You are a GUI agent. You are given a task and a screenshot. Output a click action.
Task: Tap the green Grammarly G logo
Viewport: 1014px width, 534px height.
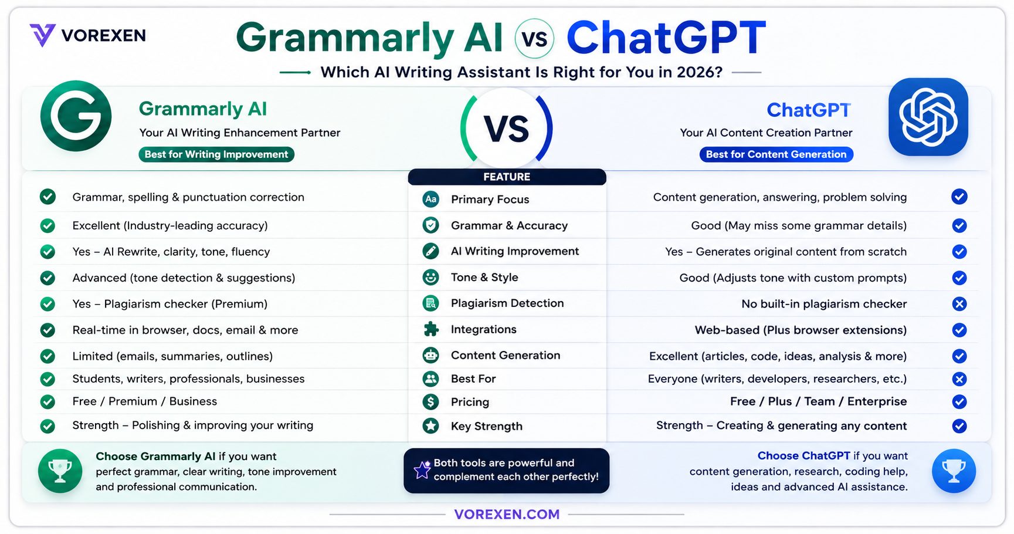76,116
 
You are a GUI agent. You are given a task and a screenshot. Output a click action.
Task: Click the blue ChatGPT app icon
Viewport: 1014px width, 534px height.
928,117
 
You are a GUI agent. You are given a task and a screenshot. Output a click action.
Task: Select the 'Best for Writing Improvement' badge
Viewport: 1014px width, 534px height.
216,154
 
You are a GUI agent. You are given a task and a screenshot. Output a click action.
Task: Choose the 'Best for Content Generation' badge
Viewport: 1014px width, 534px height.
776,154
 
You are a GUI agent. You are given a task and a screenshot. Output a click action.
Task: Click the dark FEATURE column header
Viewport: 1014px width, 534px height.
507,177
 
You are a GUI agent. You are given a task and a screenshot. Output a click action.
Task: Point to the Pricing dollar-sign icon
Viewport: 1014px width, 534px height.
431,402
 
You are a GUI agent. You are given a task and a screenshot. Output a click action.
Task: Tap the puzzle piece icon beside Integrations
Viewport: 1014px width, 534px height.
431,329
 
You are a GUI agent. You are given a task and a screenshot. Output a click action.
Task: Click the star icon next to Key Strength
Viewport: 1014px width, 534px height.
431,426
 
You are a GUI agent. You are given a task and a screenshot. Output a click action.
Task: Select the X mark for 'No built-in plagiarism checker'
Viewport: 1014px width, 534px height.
959,304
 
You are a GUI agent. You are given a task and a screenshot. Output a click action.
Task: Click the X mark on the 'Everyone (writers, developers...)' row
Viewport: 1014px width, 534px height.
959,379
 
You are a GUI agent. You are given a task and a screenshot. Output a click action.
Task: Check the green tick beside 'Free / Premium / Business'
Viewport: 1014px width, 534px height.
48,402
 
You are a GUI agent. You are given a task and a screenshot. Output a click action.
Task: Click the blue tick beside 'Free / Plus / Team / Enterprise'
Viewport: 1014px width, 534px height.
959,402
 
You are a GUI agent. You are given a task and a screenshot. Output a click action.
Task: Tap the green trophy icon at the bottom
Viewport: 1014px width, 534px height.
60,471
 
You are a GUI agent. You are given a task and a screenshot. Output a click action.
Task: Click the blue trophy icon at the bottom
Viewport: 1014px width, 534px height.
954,471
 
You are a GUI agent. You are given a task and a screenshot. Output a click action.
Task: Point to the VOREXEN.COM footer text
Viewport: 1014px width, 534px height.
507,515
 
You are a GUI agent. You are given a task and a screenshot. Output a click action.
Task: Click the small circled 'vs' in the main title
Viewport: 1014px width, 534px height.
534,39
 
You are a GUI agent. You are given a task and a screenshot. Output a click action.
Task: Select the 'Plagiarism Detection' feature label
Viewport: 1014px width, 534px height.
507,303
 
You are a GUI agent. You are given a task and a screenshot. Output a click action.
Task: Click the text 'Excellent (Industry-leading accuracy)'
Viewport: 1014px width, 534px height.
170,226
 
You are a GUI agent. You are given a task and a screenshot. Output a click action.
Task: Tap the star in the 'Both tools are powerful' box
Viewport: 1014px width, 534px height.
422,469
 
